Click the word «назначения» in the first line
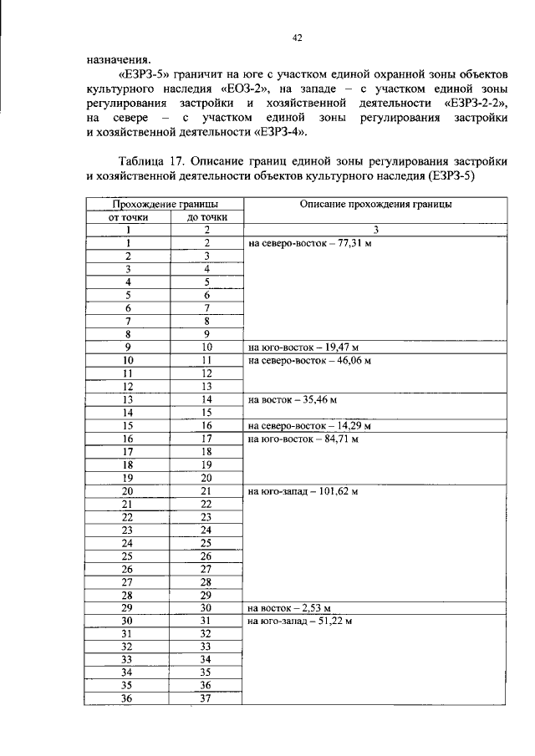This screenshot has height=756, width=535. [x=119, y=59]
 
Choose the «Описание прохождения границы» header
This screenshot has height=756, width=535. [x=376, y=204]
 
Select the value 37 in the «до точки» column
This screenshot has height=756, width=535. [x=205, y=699]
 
